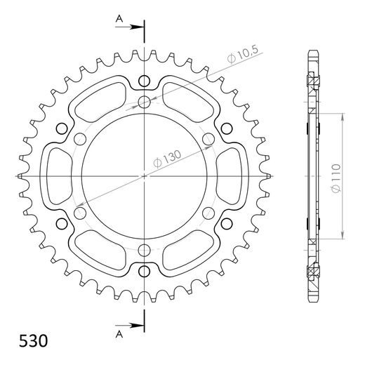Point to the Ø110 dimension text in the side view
[x=336, y=175]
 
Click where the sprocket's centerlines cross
[x=145, y=175]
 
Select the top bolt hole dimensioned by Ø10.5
[x=145, y=102]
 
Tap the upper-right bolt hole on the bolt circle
[x=208, y=139]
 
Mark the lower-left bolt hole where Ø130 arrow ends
[x=81, y=211]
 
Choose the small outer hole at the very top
[x=145, y=79]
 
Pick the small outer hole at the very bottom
[x=145, y=272]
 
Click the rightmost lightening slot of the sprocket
[x=229, y=175]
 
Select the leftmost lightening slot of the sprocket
[x=60, y=175]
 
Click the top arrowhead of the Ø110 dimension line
[x=343, y=115]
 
